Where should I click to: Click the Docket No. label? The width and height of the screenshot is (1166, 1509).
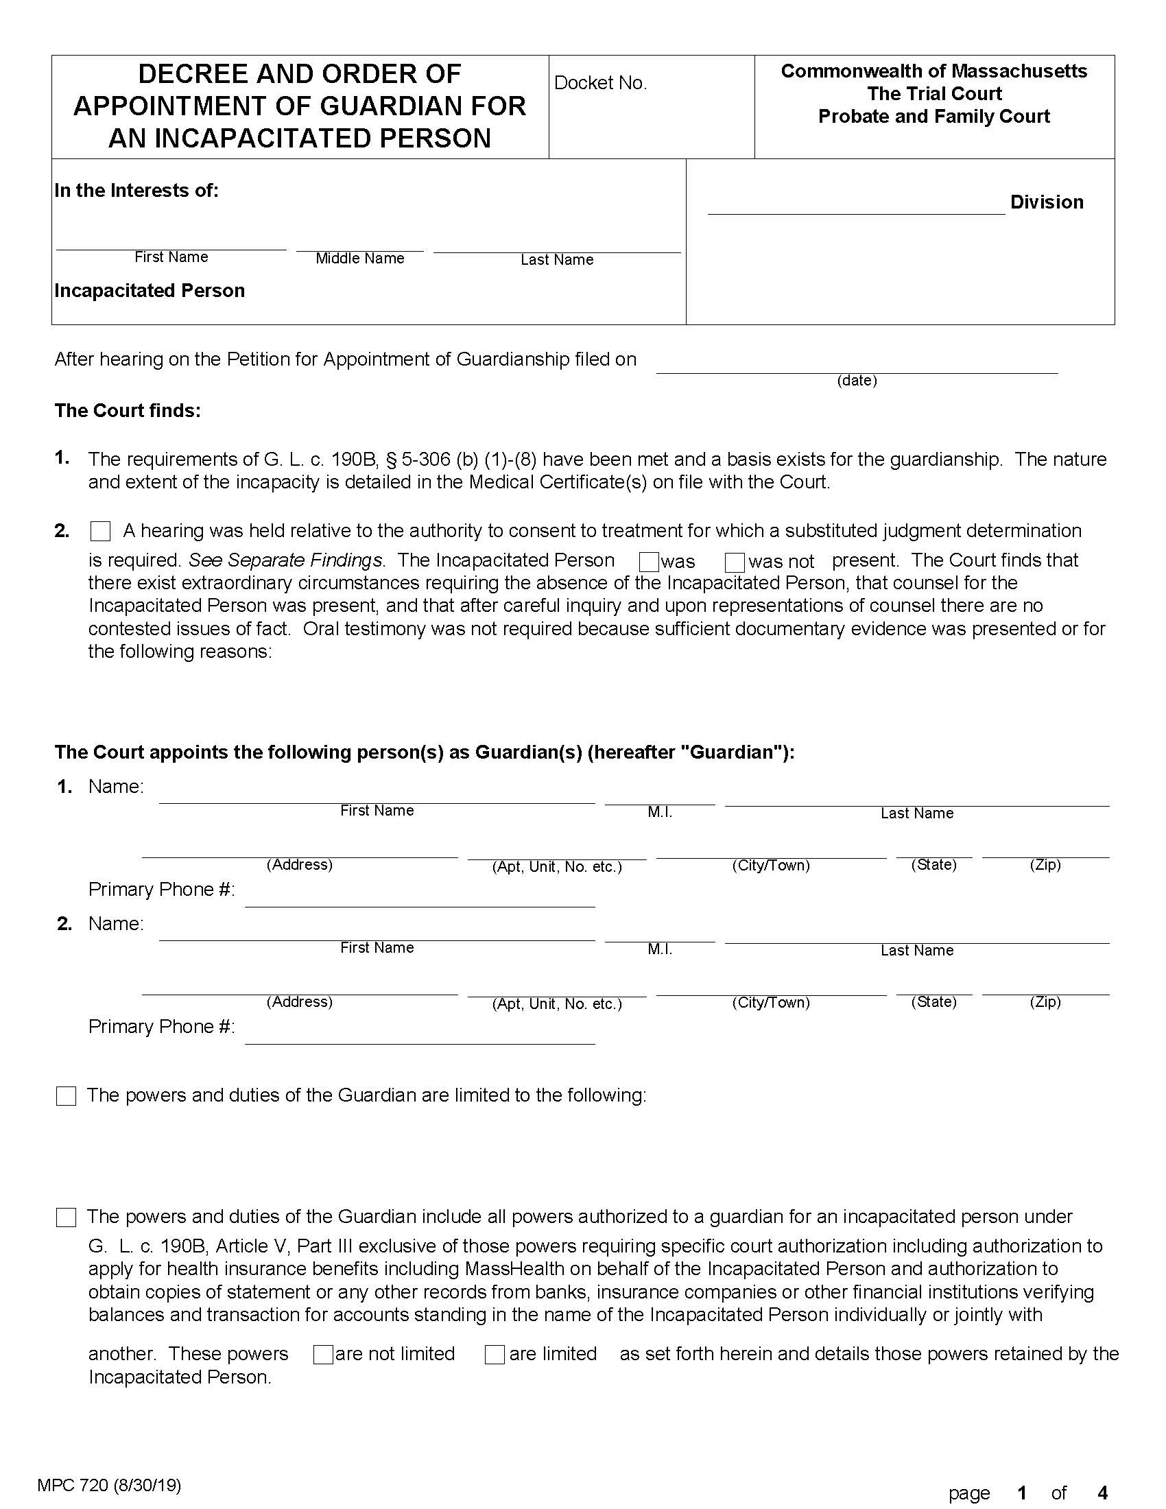599,83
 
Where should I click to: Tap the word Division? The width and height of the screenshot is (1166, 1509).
1046,202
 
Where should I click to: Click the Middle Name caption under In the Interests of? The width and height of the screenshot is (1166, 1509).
359,259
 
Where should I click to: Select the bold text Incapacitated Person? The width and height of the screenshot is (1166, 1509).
150,291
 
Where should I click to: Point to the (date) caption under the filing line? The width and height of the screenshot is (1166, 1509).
857,381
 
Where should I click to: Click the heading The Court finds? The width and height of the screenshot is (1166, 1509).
128,411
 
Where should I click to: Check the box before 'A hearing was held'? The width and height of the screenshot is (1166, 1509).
101,532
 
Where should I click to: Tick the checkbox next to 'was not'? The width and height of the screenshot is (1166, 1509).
735,562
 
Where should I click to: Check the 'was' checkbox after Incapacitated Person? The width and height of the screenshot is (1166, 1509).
649,562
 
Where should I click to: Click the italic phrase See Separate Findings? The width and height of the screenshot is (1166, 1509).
285,560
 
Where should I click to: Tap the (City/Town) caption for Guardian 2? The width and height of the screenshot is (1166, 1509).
770,1003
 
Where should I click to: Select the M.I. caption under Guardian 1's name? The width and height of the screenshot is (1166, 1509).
660,813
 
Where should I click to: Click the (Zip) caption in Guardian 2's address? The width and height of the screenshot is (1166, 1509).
1045,1002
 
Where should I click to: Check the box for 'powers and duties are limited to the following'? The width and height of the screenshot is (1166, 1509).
67,1097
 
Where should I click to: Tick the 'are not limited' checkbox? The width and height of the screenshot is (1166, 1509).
323,1354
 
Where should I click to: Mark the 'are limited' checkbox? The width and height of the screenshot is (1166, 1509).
495,1354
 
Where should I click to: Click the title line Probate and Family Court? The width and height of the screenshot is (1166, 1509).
933,117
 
